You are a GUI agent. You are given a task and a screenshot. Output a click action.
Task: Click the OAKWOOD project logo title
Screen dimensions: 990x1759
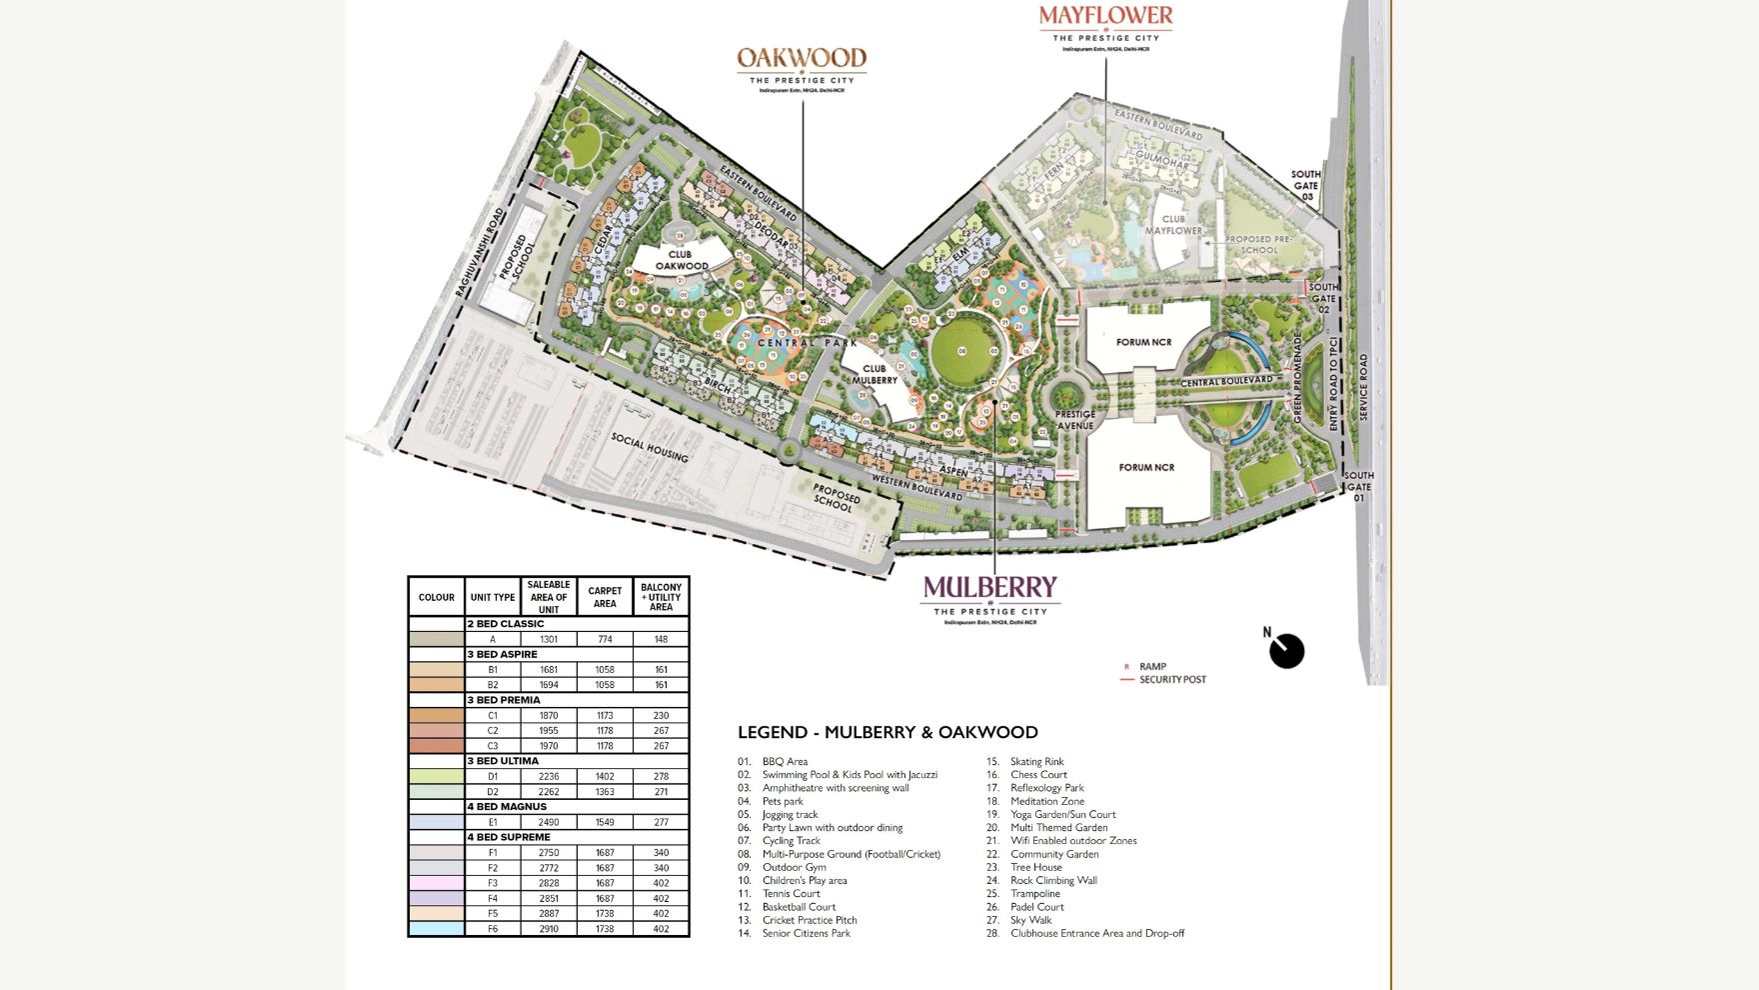[802, 58]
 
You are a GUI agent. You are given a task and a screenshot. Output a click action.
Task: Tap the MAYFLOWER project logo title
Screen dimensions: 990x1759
[1105, 16]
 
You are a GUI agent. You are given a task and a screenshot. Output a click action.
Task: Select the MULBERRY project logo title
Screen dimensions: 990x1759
[989, 587]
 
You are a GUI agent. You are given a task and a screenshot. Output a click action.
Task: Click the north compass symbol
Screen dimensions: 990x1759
[1286, 651]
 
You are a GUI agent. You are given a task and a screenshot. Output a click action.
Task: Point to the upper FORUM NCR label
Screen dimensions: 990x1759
[1143, 342]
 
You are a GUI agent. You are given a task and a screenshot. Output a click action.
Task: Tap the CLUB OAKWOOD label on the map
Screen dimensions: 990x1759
[682, 260]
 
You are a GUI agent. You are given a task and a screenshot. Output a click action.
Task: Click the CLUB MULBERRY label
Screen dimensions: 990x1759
[875, 374]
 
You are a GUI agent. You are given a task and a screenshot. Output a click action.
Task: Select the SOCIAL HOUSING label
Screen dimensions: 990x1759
[650, 447]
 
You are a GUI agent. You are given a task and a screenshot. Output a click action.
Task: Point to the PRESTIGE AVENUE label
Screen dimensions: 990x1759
[1075, 419]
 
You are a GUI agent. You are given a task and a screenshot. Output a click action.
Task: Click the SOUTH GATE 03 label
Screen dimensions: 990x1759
[1305, 185]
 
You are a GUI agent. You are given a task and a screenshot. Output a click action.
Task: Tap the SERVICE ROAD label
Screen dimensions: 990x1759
[1363, 387]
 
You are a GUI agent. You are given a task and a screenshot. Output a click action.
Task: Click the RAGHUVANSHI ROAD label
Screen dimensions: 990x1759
[481, 251]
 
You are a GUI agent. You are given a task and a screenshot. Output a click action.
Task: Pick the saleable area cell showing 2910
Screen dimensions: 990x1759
[549, 929]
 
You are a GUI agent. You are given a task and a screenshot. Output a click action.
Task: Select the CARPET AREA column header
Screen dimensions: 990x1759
[605, 597]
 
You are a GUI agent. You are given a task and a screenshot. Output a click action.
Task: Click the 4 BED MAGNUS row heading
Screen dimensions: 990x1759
[507, 807]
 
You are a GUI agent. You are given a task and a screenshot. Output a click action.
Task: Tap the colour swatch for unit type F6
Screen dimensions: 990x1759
[436, 929]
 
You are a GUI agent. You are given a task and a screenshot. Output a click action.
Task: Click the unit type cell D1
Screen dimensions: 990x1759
[493, 776]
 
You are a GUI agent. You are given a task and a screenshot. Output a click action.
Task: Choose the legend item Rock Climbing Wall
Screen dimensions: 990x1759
[1053, 881]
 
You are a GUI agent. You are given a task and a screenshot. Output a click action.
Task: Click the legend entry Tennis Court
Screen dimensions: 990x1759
[791, 894]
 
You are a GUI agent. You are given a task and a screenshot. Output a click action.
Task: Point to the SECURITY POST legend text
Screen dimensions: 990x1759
[1172, 680]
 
